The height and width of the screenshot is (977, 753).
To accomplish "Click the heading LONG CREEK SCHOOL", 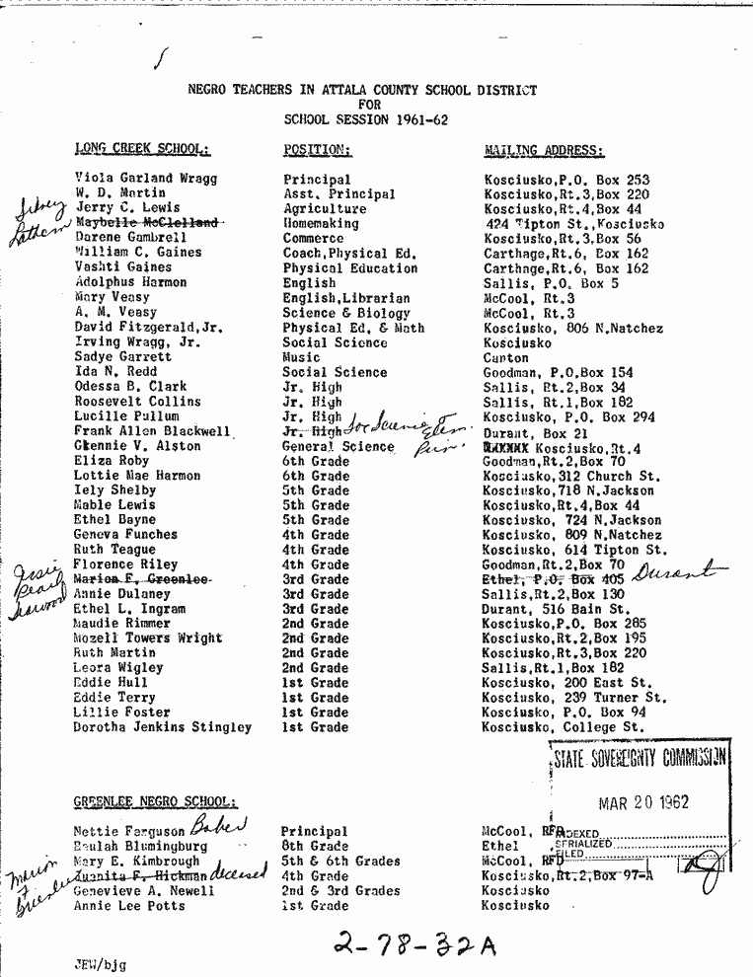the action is coord(142,150).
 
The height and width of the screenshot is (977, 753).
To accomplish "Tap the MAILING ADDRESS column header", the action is coord(544,151).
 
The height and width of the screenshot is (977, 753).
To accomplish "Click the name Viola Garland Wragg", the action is coord(146,179).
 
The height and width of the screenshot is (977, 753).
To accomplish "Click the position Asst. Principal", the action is coord(339,194).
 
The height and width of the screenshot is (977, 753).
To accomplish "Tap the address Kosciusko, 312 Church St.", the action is coord(570,476).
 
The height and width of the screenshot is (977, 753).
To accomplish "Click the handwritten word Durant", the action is coord(673,572).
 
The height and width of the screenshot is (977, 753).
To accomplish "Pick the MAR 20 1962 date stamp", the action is coord(643,803).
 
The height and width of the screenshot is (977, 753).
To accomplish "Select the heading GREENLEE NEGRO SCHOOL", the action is coord(155,802).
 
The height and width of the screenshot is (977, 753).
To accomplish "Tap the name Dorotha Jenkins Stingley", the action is coord(162,727).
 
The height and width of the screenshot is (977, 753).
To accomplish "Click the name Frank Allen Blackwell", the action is coord(153,431).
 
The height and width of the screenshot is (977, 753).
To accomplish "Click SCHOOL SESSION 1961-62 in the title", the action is coord(361,119).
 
